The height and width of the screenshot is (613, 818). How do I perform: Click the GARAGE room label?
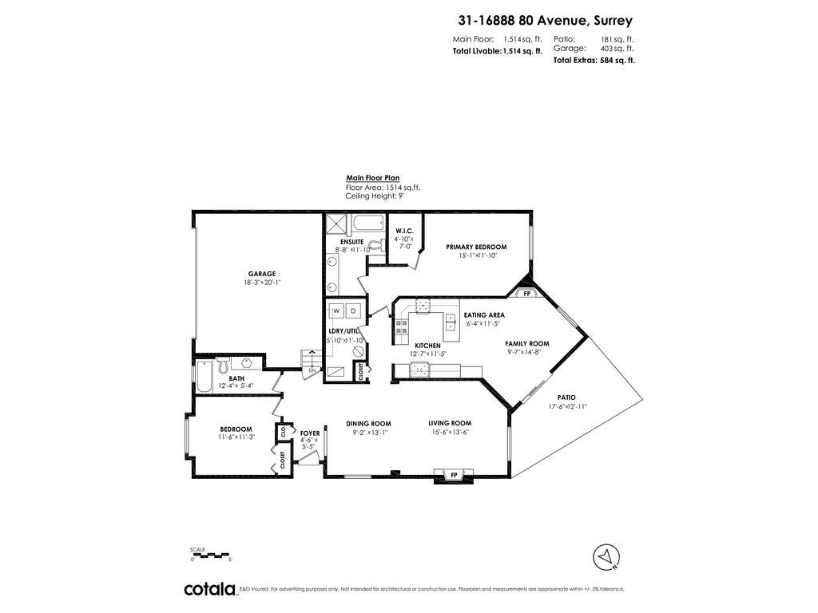[x=261, y=274]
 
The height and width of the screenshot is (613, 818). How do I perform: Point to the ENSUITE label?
[x=351, y=241]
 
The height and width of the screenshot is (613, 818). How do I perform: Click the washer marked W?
[x=336, y=310]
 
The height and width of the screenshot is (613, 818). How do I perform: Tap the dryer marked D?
[x=352, y=310]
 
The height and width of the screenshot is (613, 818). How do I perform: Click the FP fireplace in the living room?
[x=454, y=476]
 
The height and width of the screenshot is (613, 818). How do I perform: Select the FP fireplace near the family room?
[x=526, y=294]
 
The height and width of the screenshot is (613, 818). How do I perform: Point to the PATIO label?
[x=566, y=397]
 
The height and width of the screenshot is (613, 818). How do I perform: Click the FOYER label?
[x=310, y=433]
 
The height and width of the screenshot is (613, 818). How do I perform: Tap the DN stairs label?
[x=312, y=370]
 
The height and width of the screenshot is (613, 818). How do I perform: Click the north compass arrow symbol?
[x=606, y=556]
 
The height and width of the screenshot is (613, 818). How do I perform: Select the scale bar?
[x=210, y=555]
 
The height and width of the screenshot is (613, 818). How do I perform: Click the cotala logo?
[x=210, y=589]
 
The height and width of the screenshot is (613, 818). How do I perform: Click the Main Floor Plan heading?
[x=372, y=178]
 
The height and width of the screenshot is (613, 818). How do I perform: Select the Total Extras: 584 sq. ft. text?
[x=594, y=60]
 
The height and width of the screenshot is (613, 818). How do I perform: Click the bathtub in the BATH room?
[x=204, y=374]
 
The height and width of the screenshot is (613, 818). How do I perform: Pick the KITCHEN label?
[x=427, y=346]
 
